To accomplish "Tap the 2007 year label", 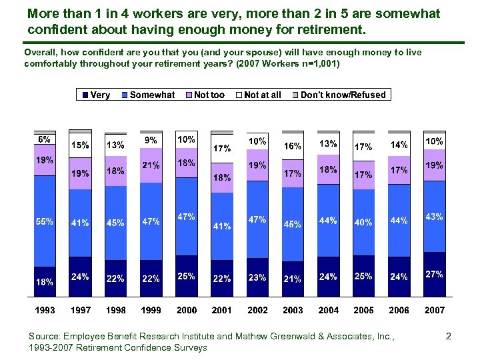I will pyautogui.click(x=434, y=311).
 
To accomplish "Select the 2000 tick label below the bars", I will pyautogui.click(x=186, y=311).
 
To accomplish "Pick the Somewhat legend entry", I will pyautogui.click(x=147, y=95).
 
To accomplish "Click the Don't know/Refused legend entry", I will pyautogui.click(x=338, y=95).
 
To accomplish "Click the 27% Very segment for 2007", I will pyautogui.click(x=434, y=274).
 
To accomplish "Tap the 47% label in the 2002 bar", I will pyautogui.click(x=257, y=219).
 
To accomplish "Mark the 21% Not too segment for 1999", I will pyautogui.click(x=151, y=165).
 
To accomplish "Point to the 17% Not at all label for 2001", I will pyautogui.click(x=221, y=148).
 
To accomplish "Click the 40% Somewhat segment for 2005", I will pyautogui.click(x=363, y=223).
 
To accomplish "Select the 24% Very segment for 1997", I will pyautogui.click(x=80, y=277).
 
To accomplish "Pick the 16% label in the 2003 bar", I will pyautogui.click(x=293, y=146).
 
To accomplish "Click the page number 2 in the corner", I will pyautogui.click(x=449, y=337).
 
